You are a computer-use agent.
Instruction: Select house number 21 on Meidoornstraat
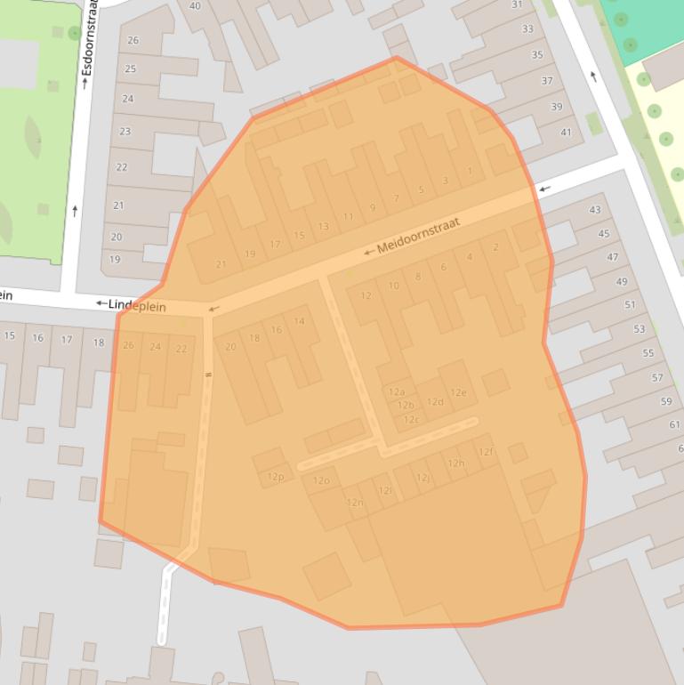221,263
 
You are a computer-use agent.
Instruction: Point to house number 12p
276,477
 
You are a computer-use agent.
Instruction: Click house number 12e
458,392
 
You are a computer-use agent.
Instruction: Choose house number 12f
486,452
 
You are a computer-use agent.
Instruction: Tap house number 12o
321,480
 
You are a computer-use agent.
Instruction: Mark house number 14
299,321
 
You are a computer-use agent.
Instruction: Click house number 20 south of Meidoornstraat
230,346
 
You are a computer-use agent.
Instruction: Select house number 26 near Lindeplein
129,345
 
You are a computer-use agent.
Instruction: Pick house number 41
567,133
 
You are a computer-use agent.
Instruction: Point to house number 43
595,210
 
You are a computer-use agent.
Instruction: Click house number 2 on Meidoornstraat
495,246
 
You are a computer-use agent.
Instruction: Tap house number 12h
456,463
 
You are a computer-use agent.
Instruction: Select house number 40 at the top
195,5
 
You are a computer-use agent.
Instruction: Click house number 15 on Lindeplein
10,335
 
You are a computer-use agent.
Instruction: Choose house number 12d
435,401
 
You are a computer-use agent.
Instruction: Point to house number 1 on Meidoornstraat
470,171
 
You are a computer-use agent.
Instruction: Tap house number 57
657,377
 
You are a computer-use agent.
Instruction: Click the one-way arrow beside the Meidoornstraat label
367,252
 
